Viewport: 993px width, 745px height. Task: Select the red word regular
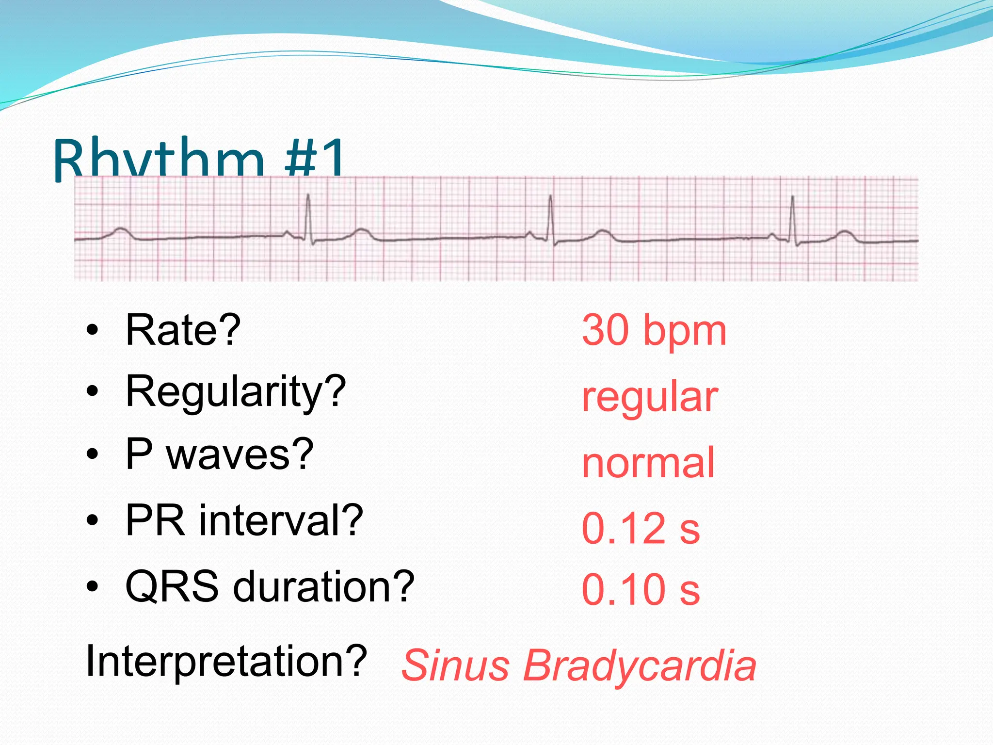[649, 398]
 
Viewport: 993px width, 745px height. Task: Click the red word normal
[648, 463]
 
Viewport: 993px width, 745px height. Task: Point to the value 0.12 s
[641, 529]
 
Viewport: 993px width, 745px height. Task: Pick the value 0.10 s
[641, 590]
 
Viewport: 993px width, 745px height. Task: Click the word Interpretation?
[226, 662]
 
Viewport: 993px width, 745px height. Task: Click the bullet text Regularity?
[236, 392]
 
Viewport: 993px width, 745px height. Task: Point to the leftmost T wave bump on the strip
[120, 231]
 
